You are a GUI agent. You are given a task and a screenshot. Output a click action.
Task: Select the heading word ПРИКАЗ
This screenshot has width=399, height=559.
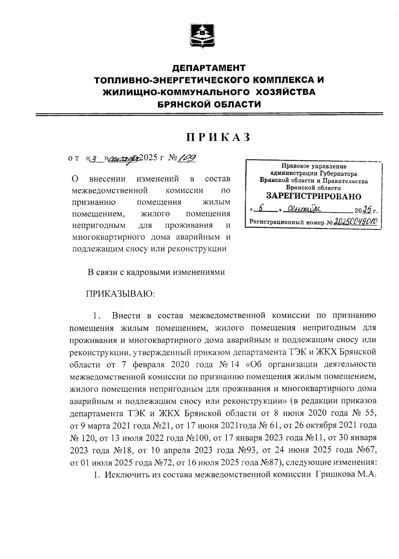pyautogui.click(x=217, y=137)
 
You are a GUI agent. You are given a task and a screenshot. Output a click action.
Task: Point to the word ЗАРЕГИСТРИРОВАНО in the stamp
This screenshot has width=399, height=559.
pyautogui.click(x=314, y=196)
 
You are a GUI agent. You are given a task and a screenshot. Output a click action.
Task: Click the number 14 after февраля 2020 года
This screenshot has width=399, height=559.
pyautogui.click(x=235, y=364)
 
